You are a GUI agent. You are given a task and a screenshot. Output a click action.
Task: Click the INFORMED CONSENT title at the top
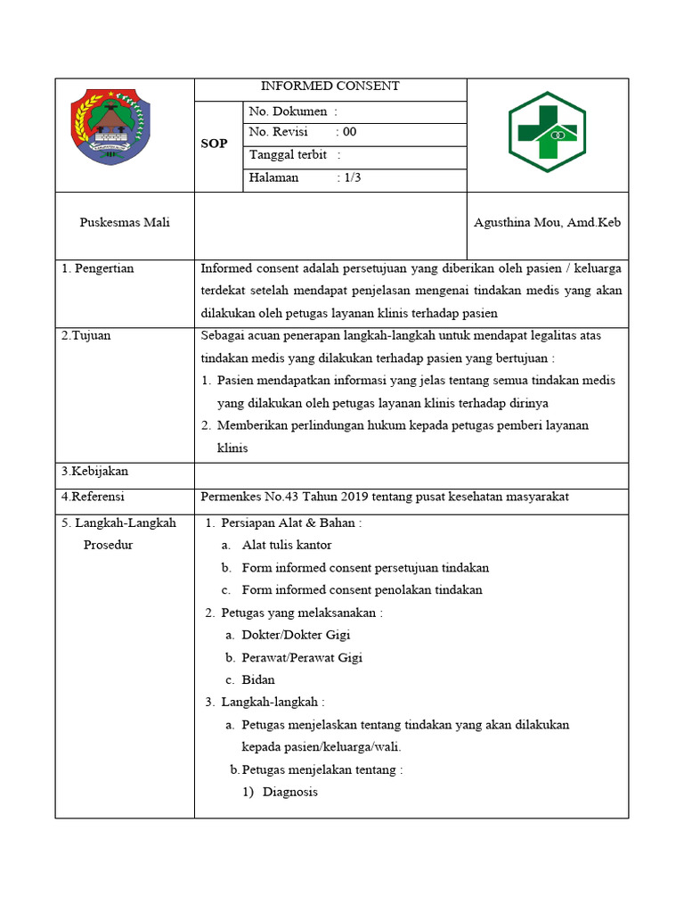330,86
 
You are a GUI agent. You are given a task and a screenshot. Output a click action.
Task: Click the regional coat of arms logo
110,128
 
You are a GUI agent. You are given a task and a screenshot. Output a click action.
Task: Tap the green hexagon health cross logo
547,134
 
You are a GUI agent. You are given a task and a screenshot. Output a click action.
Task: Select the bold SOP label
214,144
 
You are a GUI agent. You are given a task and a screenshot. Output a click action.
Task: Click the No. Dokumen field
293,111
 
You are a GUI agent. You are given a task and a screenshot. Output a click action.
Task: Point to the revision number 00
350,132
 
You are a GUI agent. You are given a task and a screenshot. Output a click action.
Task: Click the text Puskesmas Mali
125,222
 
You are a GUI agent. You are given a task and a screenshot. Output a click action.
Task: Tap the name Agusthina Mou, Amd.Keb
547,222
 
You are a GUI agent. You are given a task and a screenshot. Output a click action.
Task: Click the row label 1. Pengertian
98,268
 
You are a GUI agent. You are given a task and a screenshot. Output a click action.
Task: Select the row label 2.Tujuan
86,336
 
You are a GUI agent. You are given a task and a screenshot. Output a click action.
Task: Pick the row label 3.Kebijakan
95,471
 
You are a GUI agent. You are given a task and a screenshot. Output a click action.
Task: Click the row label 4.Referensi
94,496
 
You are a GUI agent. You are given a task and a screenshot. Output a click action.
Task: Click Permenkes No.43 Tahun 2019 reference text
385,496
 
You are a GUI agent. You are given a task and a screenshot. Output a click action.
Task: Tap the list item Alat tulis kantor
287,545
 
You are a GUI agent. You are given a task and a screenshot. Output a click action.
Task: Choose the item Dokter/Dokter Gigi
296,635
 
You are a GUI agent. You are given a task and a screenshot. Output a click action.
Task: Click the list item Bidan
258,679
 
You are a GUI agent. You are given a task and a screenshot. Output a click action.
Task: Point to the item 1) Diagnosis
281,792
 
